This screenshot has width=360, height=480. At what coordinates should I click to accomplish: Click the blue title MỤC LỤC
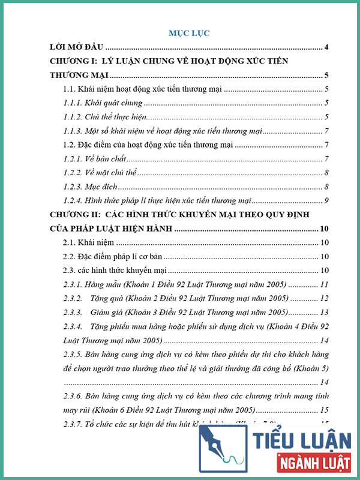point(189,32)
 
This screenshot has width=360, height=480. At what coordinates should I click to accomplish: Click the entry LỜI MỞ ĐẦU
point(77,47)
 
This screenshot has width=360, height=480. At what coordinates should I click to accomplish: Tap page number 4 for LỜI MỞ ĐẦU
point(326,47)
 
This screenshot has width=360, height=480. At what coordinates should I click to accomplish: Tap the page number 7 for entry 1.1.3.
point(326,131)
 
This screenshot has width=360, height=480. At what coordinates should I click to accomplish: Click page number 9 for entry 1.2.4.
point(326,200)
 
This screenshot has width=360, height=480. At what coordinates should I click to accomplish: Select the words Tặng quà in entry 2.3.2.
point(106,298)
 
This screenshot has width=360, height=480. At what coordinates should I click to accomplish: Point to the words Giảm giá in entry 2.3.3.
point(107,313)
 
